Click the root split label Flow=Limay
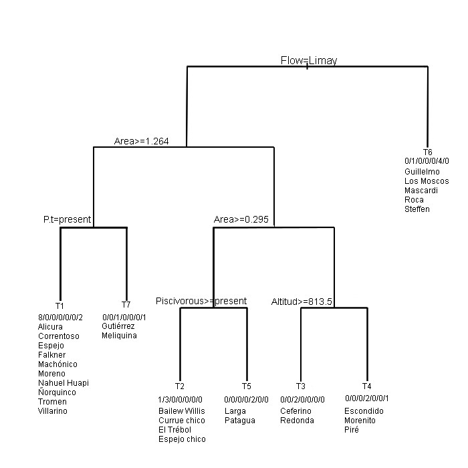(x=309, y=60)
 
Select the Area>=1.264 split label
(x=142, y=141)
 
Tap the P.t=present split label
(x=67, y=220)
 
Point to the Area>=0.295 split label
(x=241, y=220)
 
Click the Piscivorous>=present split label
(x=201, y=301)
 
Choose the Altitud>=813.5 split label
(x=302, y=302)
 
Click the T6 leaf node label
(x=428, y=152)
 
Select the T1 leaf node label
(x=60, y=306)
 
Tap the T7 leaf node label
(x=126, y=305)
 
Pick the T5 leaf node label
(x=247, y=386)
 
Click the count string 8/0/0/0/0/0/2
(x=60, y=318)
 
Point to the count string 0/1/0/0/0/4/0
(x=427, y=161)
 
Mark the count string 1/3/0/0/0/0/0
(x=180, y=400)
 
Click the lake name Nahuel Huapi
(x=64, y=383)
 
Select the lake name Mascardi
(x=421, y=191)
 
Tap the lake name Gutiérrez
(x=118, y=326)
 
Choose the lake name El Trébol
(x=174, y=430)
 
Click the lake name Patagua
(x=240, y=421)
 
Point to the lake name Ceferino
(x=296, y=411)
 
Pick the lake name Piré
(x=352, y=430)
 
